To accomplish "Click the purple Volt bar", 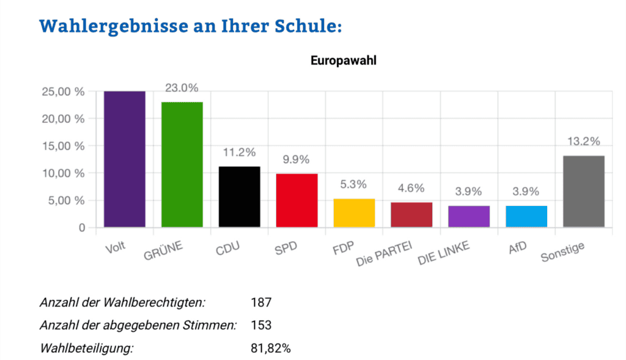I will [x=125, y=159].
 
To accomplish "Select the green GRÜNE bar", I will [x=182, y=164].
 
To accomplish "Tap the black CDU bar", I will [x=239, y=197].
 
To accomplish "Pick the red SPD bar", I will [x=296, y=200].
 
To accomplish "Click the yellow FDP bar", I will [x=354, y=213].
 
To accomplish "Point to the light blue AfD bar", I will [x=526, y=216].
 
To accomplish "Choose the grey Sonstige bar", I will [x=584, y=191].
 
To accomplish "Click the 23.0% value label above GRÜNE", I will [x=182, y=88].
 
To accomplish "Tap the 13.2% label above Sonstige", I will [x=584, y=141].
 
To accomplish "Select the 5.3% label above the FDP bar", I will [x=354, y=185].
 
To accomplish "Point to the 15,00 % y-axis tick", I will [x=64, y=146].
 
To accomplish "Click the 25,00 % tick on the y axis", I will [x=64, y=92].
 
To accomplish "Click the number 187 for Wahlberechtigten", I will [x=261, y=303].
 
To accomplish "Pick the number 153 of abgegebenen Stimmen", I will [x=261, y=325].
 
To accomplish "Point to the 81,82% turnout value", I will [x=271, y=348].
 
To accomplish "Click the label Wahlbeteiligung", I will [x=86, y=348].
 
